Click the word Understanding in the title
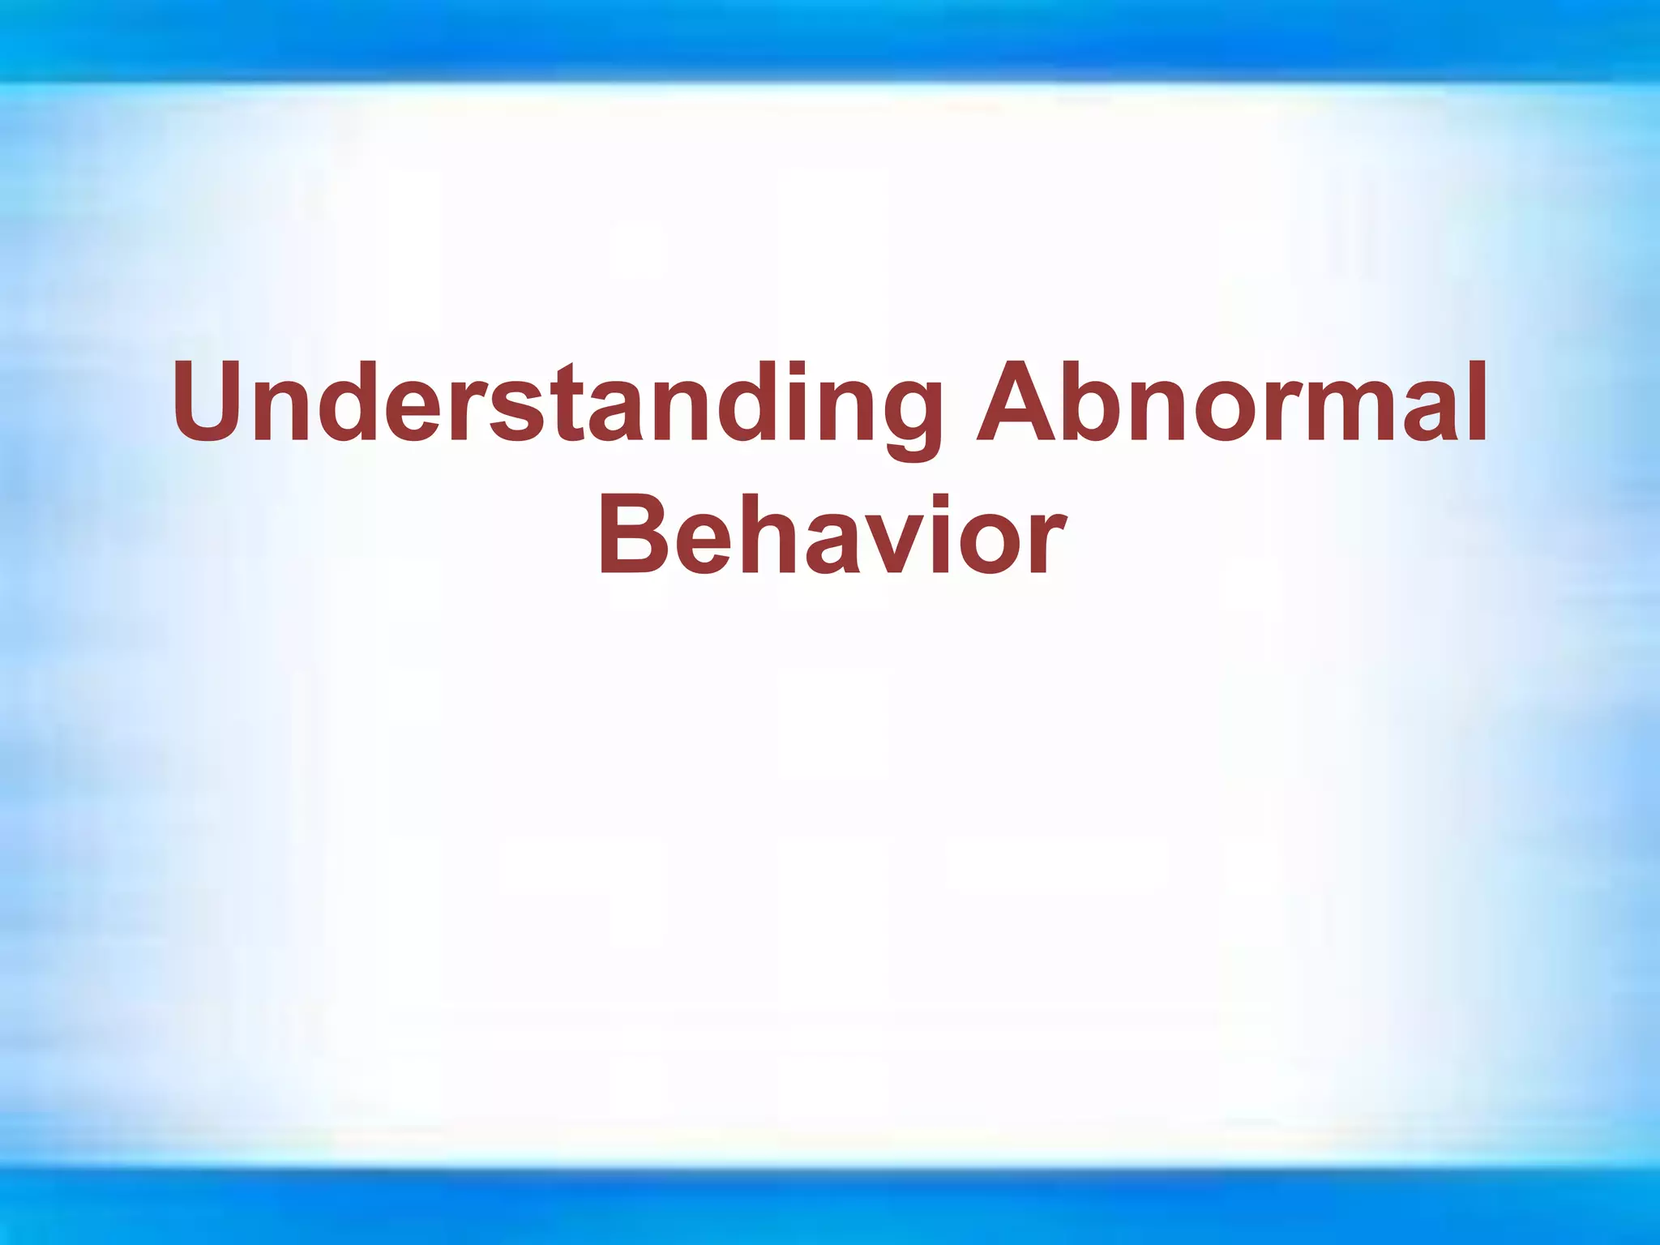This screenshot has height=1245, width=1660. (x=559, y=404)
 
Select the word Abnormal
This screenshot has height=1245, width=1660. (x=1232, y=404)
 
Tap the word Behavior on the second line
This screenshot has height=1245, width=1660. (x=830, y=535)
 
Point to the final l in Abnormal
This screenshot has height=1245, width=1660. (x=1478, y=402)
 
